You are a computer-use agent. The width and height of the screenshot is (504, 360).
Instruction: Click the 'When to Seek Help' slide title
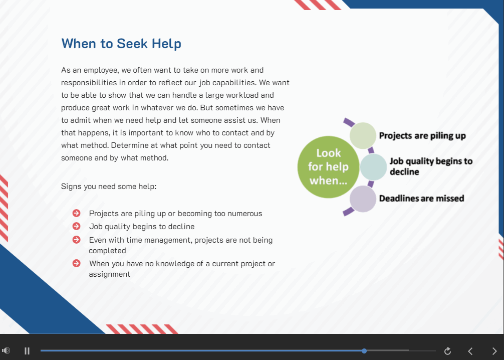pos(121,44)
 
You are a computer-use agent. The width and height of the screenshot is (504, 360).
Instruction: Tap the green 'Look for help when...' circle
pos(328,167)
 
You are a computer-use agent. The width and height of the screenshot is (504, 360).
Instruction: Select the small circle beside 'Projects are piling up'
pos(363,135)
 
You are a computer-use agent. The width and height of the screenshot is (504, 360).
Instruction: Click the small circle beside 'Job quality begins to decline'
pos(373,167)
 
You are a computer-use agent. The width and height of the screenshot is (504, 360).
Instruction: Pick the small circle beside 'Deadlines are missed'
pos(363,199)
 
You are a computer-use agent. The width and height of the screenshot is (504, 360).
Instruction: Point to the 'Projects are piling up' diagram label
pos(422,136)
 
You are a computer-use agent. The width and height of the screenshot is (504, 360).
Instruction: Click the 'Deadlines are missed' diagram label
pos(422,198)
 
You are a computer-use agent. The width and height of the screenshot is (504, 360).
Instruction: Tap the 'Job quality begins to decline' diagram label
pos(431,166)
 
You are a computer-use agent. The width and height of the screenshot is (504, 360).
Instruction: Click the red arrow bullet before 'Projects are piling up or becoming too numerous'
pos(77,213)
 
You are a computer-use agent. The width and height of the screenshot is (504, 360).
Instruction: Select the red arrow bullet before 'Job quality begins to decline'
pos(77,226)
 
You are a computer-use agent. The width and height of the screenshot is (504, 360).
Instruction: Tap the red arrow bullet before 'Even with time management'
pos(77,240)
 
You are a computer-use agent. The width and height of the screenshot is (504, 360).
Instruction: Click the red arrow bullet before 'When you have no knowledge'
pos(77,263)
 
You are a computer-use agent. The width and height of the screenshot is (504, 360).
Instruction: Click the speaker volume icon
pos(6,350)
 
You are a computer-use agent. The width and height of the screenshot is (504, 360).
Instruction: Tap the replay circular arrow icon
pos(447,351)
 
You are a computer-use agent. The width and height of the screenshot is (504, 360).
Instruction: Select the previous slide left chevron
pos(470,351)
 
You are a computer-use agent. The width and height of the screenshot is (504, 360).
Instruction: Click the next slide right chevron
pos(494,351)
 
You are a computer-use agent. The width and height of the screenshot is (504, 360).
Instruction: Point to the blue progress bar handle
pos(364,350)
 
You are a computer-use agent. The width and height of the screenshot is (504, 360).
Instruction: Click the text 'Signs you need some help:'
pos(109,187)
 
